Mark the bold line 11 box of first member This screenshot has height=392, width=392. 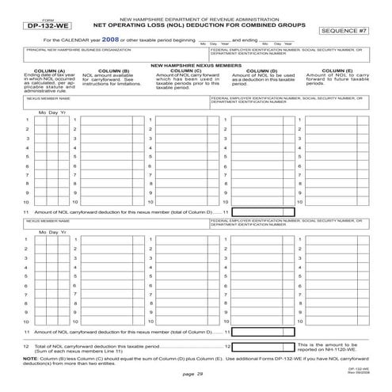262,211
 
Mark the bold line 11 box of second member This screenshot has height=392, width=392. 262,332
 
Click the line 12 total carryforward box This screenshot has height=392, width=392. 262,346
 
